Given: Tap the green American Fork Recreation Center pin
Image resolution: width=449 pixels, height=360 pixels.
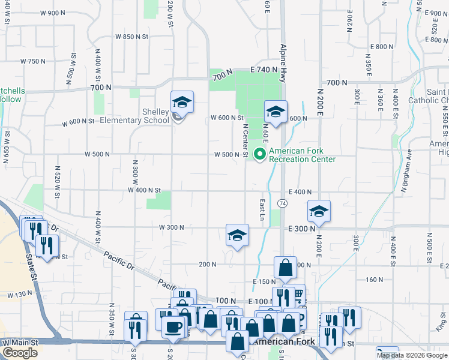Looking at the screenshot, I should (x=260, y=155).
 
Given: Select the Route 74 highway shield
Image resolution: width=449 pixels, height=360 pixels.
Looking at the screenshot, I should (x=282, y=204).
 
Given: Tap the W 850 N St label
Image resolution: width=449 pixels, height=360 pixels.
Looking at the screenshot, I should (x=131, y=37).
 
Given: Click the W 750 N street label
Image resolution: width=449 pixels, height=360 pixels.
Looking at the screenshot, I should (x=33, y=61).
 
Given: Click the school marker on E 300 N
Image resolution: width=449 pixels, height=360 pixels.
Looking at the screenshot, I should (x=319, y=211).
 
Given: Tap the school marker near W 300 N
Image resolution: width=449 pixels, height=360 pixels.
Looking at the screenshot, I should (x=237, y=235).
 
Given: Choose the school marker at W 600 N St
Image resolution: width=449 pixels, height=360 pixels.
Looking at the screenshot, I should (x=276, y=112).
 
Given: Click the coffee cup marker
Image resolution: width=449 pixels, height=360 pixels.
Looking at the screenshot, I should (x=174, y=327).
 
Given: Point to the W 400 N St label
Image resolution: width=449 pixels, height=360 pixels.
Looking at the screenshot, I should (x=144, y=190).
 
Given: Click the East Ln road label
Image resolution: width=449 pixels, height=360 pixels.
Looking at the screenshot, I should (x=262, y=209).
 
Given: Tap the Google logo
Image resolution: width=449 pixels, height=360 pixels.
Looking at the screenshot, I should (x=20, y=353).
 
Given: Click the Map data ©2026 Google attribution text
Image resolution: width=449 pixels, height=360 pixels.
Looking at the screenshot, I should (x=411, y=355).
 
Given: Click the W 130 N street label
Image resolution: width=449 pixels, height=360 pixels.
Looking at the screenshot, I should (x=20, y=295).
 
